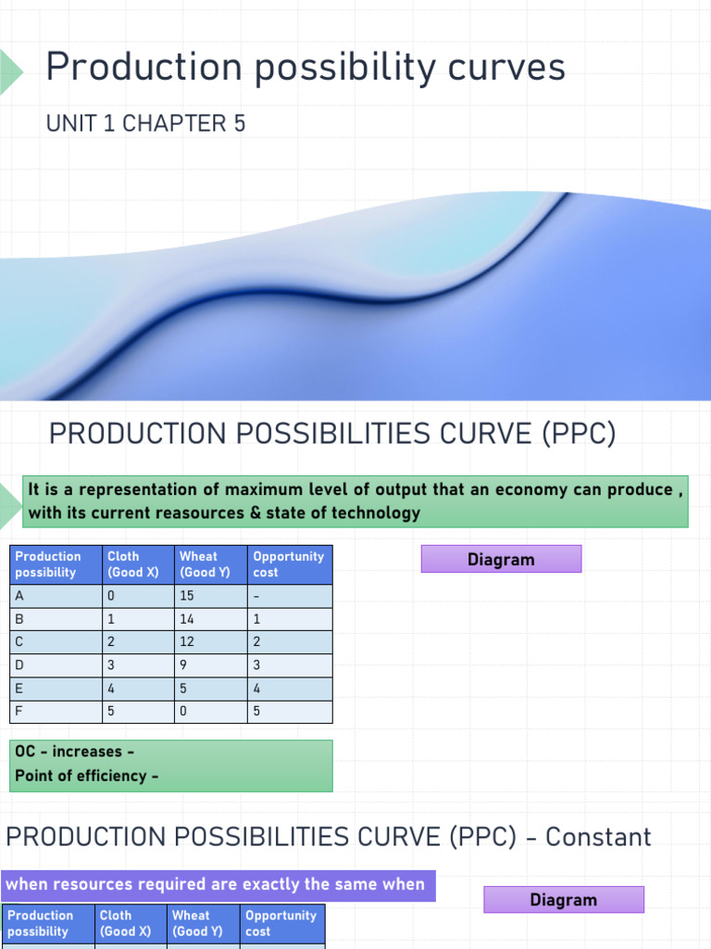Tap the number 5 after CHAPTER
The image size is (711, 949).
pos(239,123)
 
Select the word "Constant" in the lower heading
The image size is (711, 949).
pos(598,837)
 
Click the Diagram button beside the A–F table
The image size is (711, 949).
pos(501,560)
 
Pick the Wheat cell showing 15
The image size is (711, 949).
pos(187,596)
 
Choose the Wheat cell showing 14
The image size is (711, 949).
pos(187,619)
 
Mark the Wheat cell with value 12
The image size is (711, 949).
pos(187,642)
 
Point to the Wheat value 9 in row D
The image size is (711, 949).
pos(183,665)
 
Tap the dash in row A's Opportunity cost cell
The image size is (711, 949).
pos(256,596)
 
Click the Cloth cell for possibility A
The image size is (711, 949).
pos(111,596)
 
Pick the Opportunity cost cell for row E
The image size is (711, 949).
pos(256,689)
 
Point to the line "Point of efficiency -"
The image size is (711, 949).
pos(86,776)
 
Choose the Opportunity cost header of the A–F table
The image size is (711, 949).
pos(288,564)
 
